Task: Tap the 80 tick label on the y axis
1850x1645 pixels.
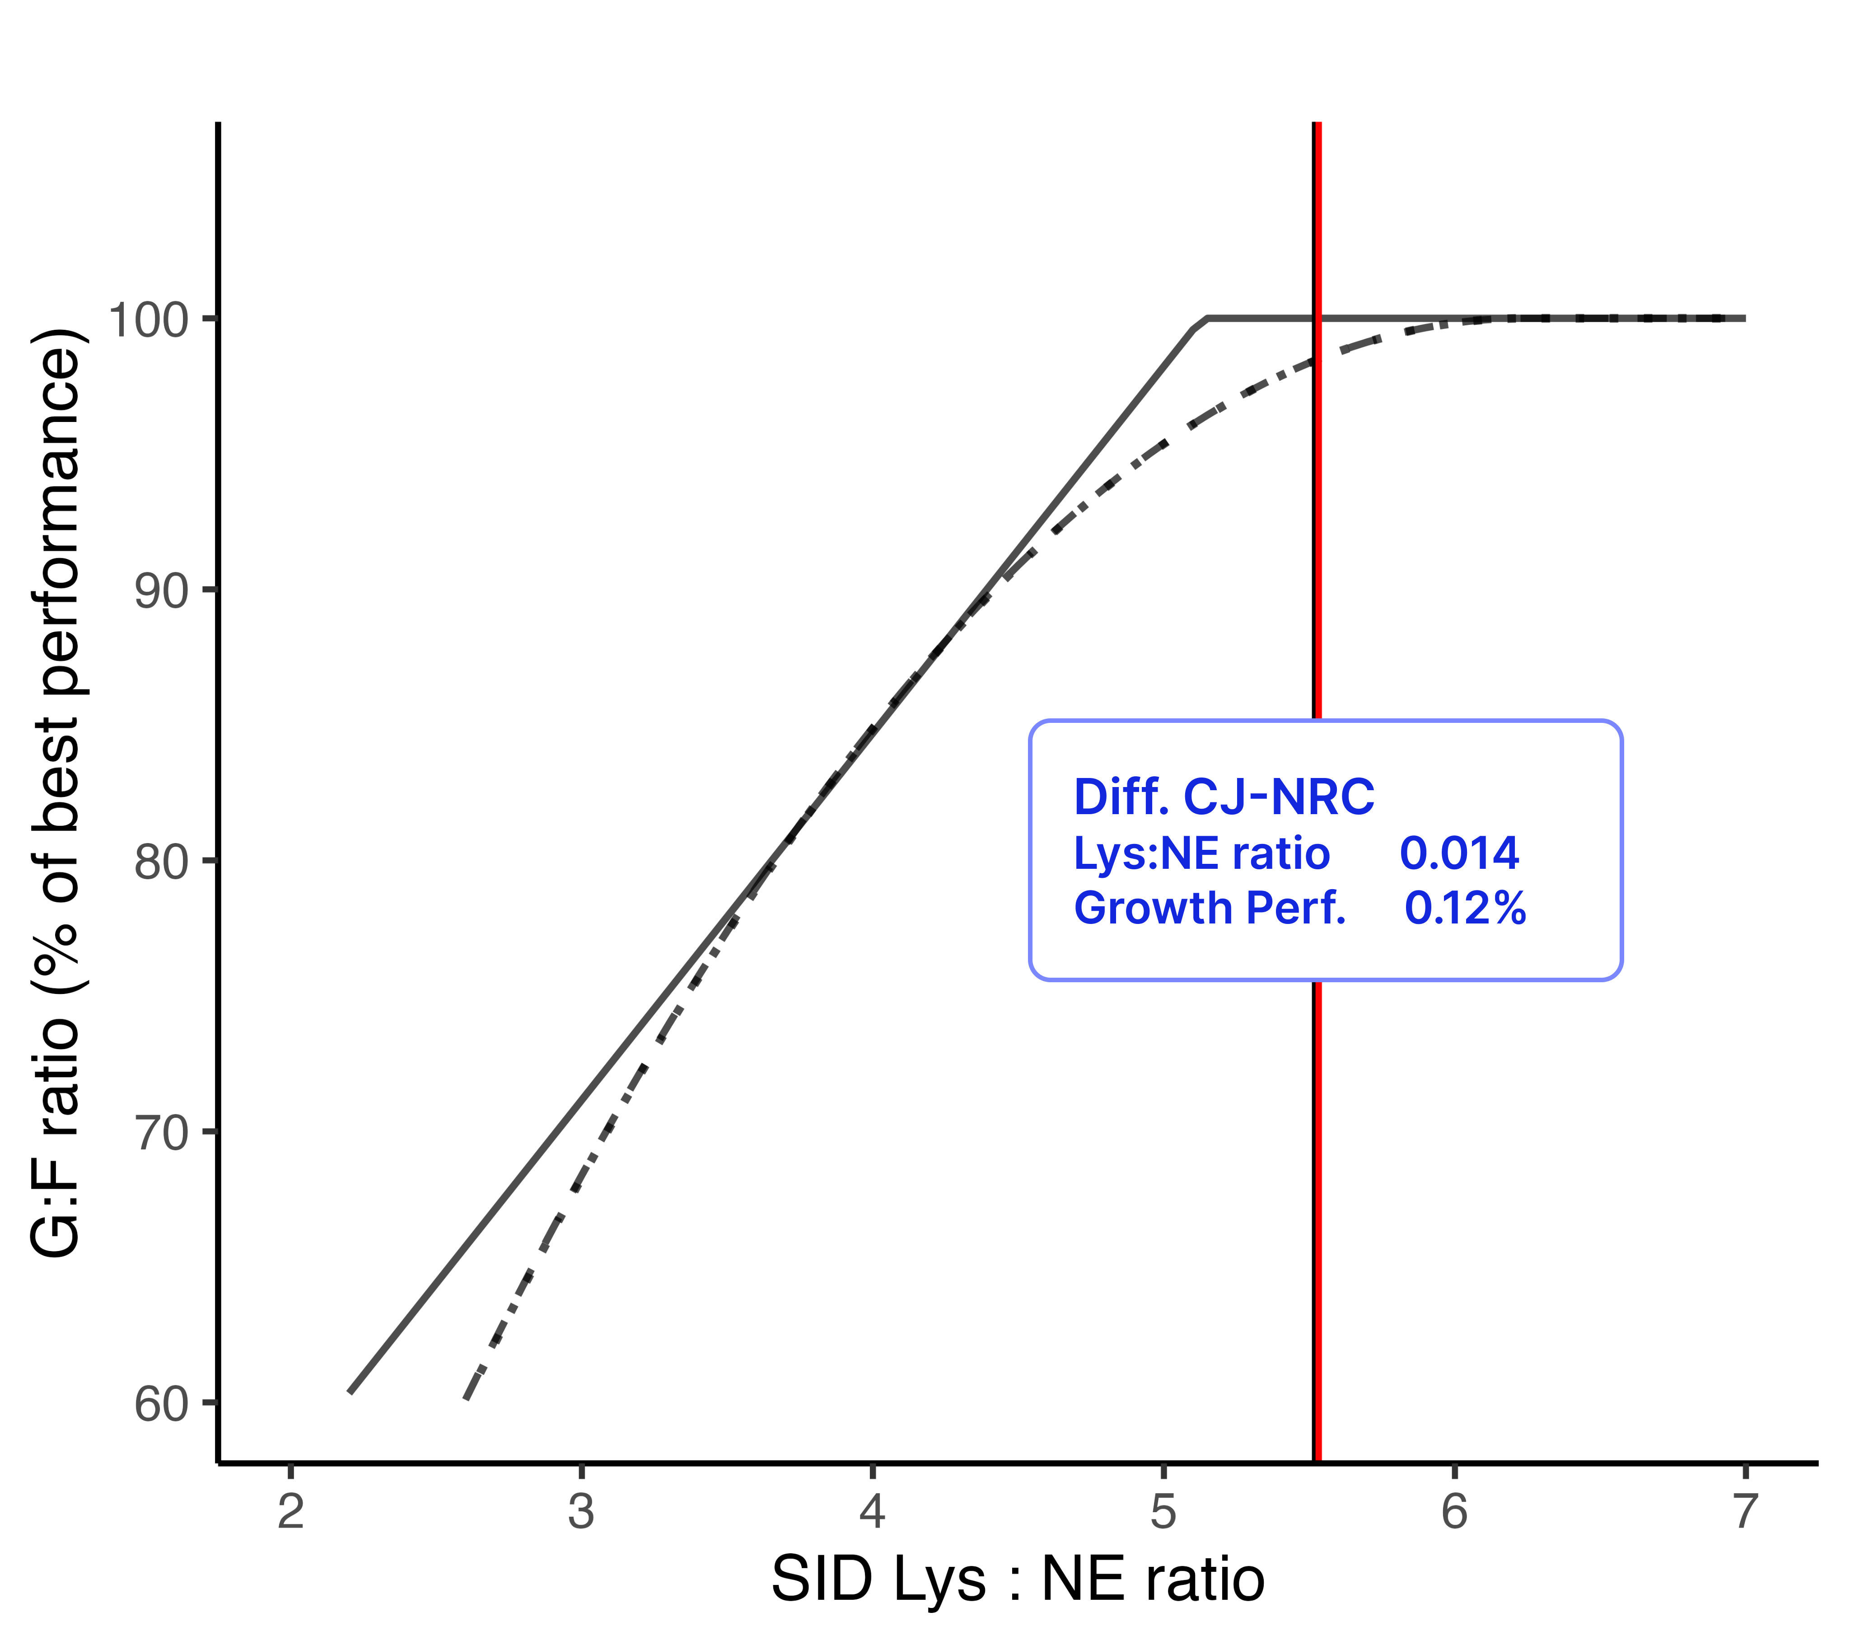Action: [161, 862]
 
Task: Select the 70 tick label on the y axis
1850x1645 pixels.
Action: [161, 1133]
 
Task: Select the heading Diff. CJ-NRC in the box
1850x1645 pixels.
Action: [1224, 797]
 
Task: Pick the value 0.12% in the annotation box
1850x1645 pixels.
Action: [1464, 908]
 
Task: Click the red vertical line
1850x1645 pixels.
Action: [1319, 543]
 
